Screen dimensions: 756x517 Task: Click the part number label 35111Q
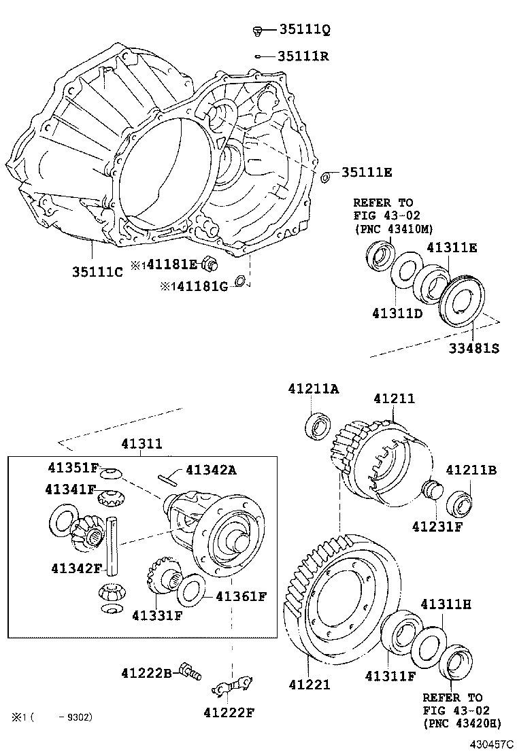304,29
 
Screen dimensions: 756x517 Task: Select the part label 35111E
367,173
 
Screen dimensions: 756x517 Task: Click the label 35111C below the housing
97,272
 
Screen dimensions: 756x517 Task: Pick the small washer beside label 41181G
239,281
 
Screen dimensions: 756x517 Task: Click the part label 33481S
473,348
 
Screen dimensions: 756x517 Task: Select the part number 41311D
398,313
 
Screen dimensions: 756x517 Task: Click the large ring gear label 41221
309,685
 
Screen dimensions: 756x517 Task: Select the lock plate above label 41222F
232,686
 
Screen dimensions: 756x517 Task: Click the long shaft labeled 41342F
114,547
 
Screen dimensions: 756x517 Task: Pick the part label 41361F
241,596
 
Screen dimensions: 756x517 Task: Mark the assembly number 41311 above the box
142,444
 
